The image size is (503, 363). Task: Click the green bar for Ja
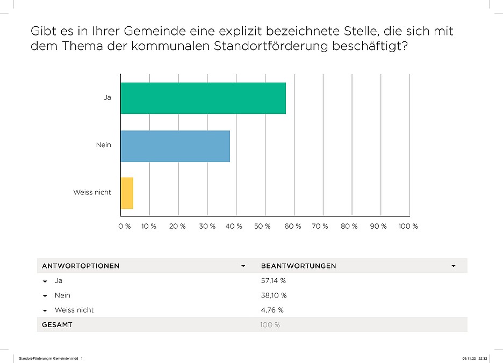point(203,98)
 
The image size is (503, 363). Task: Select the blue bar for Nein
point(175,146)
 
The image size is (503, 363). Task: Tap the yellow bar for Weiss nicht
point(127,193)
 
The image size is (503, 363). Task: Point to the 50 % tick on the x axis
point(262,227)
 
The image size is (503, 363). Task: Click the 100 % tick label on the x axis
point(408,227)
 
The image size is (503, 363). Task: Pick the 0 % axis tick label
point(124,227)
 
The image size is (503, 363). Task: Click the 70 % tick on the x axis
point(320,227)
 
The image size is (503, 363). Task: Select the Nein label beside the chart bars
point(103,144)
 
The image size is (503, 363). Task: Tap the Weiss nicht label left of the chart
point(92,192)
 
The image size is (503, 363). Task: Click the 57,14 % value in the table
point(274,280)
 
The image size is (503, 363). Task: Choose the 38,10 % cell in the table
point(274,295)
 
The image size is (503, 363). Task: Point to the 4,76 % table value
point(272,310)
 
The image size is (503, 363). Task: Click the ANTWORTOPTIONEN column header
point(81,266)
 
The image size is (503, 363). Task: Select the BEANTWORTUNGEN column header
point(298,266)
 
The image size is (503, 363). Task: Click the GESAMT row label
point(57,325)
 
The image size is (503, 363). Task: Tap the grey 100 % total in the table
point(270,325)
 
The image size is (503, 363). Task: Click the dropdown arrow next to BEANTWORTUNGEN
point(454,266)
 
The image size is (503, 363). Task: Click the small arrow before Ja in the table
point(45,281)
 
